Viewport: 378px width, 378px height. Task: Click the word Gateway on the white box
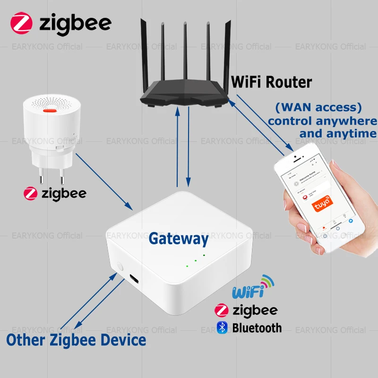click(x=178, y=239)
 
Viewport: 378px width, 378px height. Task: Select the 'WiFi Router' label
click(x=271, y=82)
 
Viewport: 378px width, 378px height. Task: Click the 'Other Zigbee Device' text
click(x=76, y=339)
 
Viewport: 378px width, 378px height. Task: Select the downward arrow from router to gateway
click(x=189, y=146)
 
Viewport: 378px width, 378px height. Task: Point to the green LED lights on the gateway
click(x=195, y=260)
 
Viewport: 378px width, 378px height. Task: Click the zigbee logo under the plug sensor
click(x=55, y=194)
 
